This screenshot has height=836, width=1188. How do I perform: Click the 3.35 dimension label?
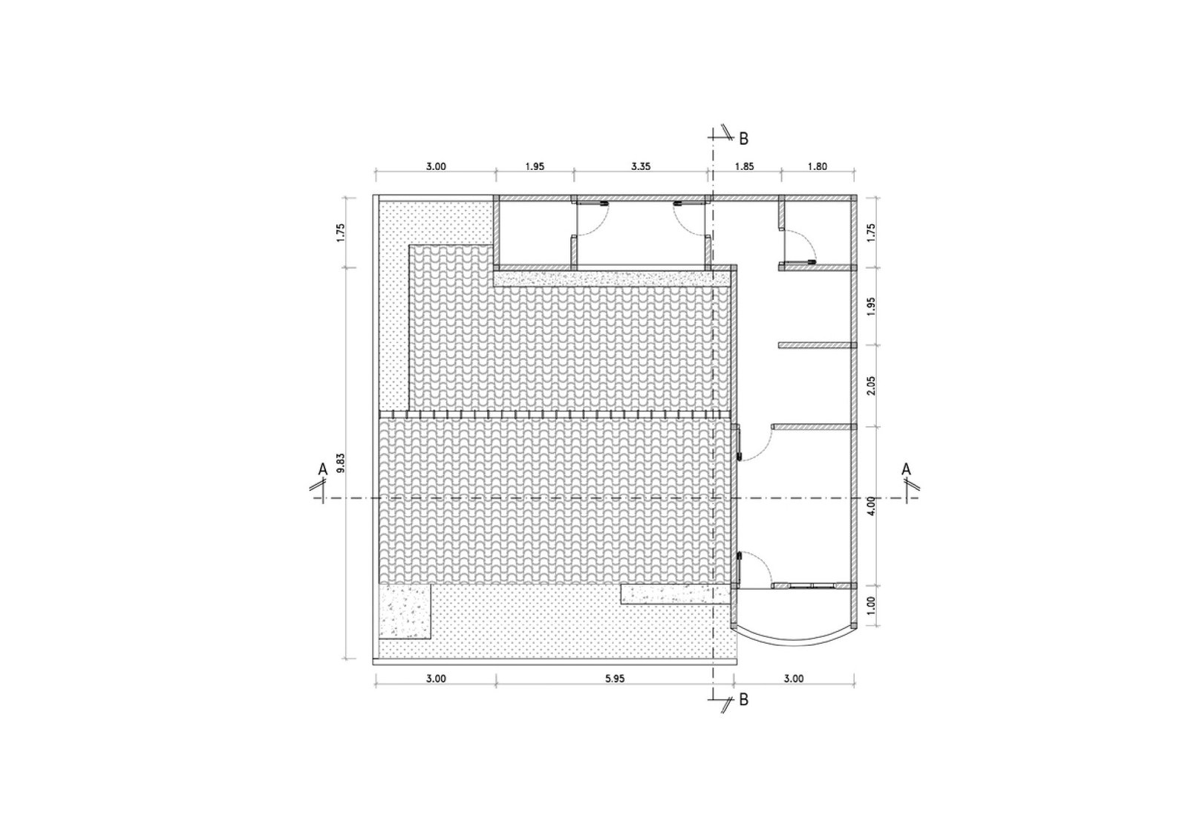pyautogui.click(x=641, y=166)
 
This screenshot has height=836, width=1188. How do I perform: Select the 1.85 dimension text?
pyautogui.click(x=744, y=166)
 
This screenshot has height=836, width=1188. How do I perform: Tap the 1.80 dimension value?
pyautogui.click(x=817, y=166)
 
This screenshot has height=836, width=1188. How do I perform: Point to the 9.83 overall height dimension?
pyautogui.click(x=341, y=463)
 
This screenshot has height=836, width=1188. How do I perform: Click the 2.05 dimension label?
pyautogui.click(x=871, y=385)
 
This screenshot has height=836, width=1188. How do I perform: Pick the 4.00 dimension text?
pyautogui.click(x=871, y=506)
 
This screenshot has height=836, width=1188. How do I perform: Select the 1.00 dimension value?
pyautogui.click(x=871, y=605)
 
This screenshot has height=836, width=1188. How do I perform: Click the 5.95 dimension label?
pyautogui.click(x=615, y=679)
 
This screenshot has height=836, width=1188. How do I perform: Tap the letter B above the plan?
pyautogui.click(x=743, y=139)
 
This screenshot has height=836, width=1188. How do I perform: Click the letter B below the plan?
pyautogui.click(x=743, y=700)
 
